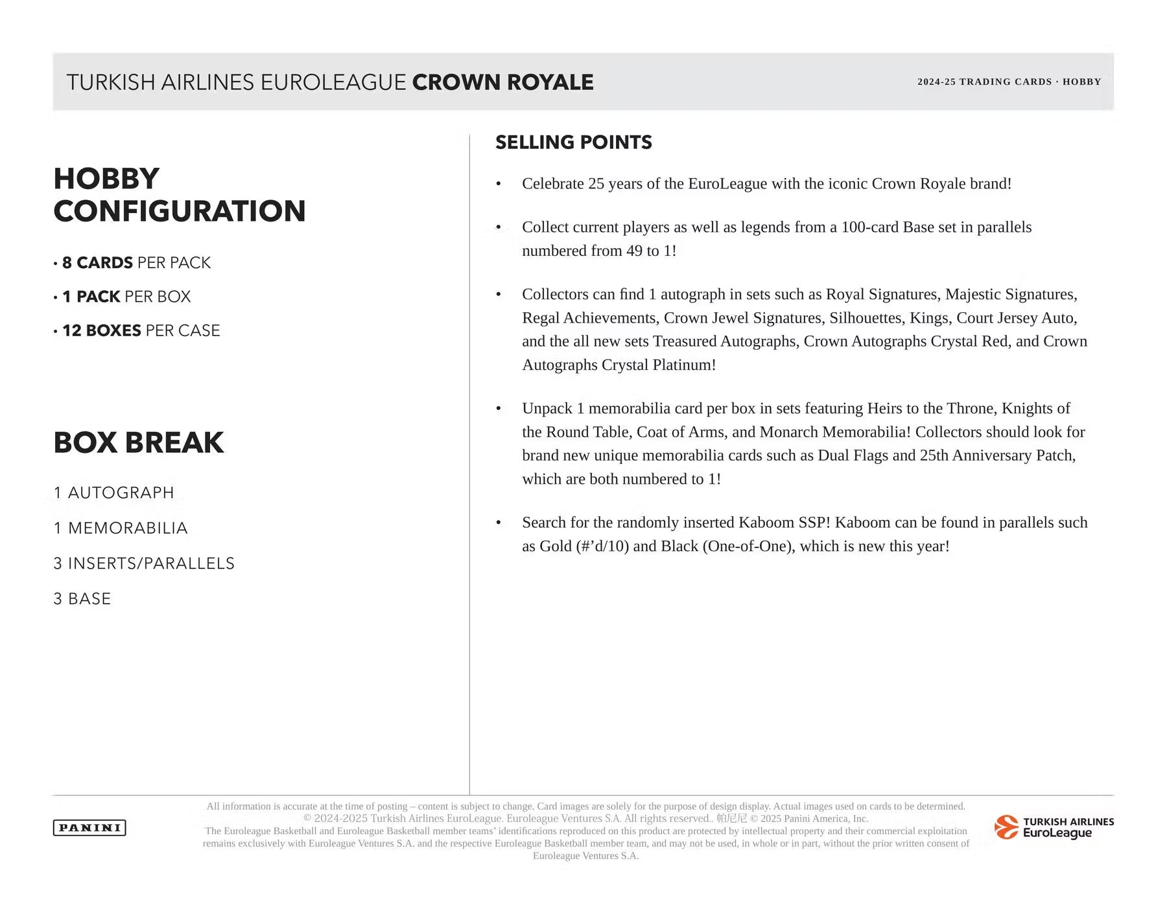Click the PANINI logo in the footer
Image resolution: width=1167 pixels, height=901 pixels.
[89, 827]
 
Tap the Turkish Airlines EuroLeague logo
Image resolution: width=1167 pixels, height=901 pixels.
[1054, 827]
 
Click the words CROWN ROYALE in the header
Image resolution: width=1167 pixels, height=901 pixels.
[502, 82]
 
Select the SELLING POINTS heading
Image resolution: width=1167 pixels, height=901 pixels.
[573, 143]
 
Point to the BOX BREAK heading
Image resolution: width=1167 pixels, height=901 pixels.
[139, 442]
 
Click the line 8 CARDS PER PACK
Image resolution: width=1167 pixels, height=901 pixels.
[136, 263]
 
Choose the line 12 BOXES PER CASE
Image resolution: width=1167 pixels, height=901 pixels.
[141, 331]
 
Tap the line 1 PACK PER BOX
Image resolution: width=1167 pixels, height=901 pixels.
[126, 297]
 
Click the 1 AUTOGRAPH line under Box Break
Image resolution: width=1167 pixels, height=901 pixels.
[114, 493]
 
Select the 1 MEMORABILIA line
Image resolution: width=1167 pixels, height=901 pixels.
[121, 529]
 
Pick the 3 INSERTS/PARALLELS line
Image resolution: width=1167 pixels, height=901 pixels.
[144, 564]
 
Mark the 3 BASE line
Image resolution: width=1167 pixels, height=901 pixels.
[82, 599]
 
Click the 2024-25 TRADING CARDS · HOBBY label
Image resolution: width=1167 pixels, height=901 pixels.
[1009, 82]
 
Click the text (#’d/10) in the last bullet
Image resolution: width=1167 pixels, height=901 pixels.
[602, 547]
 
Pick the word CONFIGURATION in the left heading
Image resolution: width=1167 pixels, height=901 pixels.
[180, 211]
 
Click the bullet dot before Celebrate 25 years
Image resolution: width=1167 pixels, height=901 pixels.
[499, 185]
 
